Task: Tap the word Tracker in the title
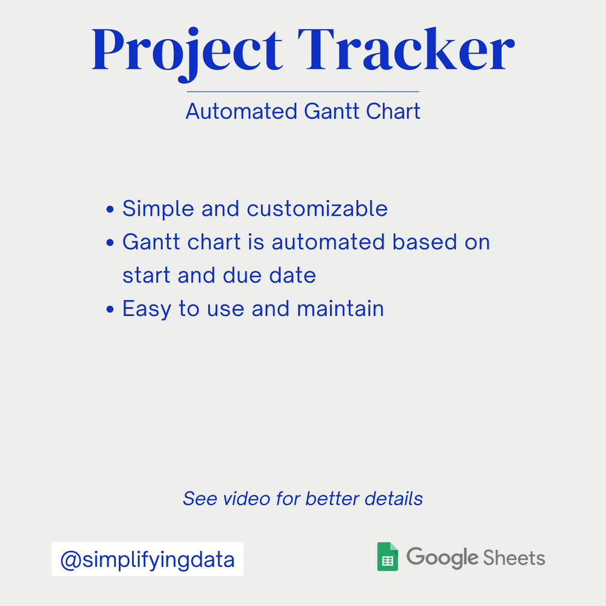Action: [x=406, y=49]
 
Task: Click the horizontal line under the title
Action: [x=303, y=92]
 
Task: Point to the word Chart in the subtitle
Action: [x=393, y=112]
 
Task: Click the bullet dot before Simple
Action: [x=110, y=209]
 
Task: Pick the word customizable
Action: [x=317, y=209]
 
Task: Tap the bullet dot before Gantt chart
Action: [x=110, y=243]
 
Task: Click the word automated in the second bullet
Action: [x=328, y=242]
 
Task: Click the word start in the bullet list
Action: [x=147, y=276]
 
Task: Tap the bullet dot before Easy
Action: [x=110, y=309]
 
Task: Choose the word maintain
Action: [x=340, y=309]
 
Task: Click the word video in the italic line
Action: [x=246, y=499]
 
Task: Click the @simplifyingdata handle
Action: [x=147, y=560]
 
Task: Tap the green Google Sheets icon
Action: [x=388, y=557]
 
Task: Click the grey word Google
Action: [x=443, y=558]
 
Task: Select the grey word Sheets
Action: [x=514, y=558]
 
